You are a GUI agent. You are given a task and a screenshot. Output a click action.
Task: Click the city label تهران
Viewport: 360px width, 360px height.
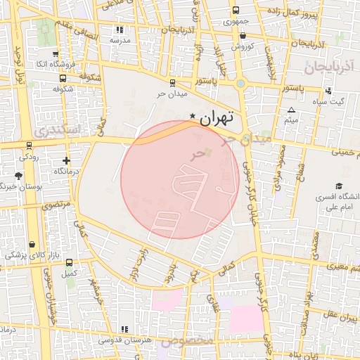(215, 119)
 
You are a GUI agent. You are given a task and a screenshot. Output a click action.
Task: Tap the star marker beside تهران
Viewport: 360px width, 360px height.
(193, 116)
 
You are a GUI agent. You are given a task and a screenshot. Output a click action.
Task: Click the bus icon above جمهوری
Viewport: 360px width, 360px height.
(235, 11)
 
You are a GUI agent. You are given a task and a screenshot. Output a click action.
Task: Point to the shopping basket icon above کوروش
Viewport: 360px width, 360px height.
(243, 35)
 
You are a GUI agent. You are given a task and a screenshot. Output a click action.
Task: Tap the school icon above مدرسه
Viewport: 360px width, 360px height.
(120, 30)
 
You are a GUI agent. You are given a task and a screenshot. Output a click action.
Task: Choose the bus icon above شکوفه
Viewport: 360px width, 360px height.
(58, 79)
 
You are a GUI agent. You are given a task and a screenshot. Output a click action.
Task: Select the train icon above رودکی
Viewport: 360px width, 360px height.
(28, 146)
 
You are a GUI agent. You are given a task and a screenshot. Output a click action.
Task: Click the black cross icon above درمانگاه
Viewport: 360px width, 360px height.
(66, 161)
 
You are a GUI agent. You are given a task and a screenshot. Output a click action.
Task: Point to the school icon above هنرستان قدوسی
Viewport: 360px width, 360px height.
(124, 329)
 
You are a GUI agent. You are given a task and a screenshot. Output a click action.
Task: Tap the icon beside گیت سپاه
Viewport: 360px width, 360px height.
(328, 91)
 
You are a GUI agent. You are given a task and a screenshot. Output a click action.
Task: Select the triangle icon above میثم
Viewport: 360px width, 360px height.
(292, 110)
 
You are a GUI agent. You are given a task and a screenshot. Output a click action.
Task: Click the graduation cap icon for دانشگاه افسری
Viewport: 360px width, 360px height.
(339, 186)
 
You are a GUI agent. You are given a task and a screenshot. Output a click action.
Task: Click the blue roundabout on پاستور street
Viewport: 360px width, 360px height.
(241, 84)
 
